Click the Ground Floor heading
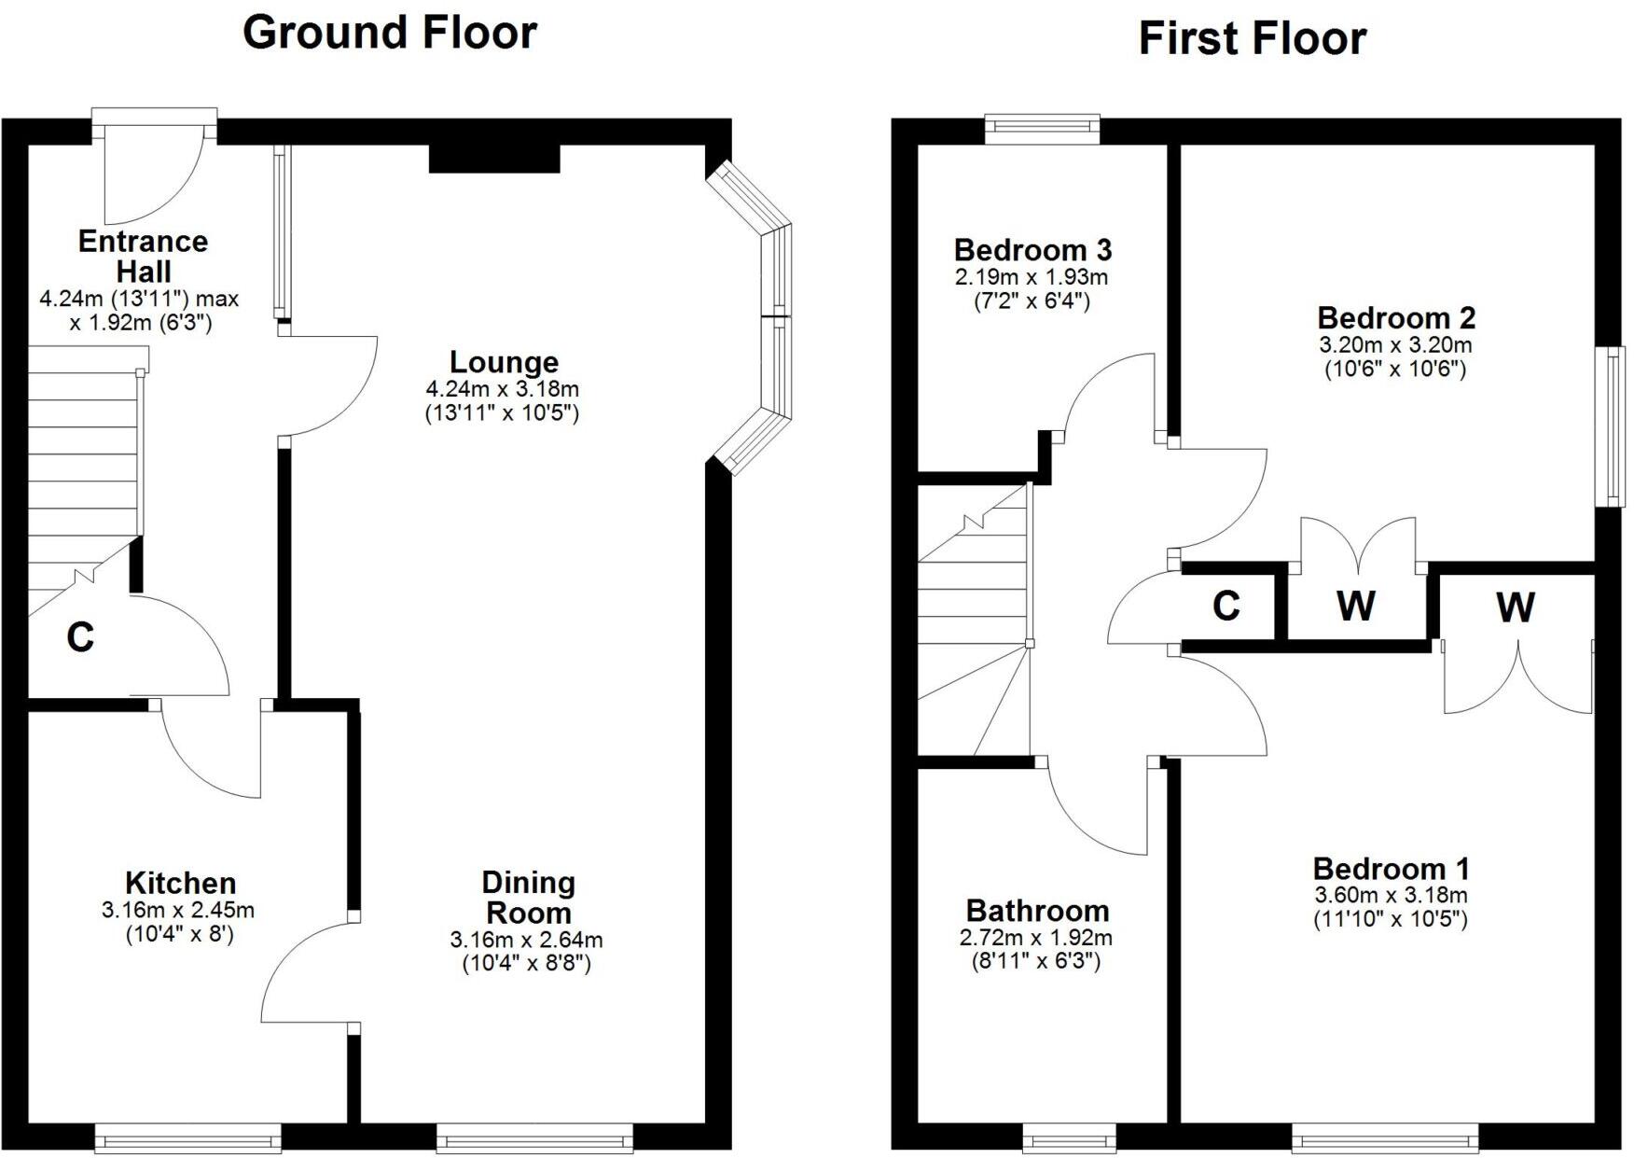pos(389,33)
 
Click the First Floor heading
pos(1252,39)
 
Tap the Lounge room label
pos(504,362)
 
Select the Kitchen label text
pos(180,883)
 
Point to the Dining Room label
pos(528,898)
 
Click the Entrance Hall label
pos(143,256)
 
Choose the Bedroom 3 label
pos(1032,250)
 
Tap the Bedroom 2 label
pos(1395,318)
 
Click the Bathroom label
pos(1037,911)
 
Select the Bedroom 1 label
pos(1391,869)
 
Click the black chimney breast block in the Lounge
pos(494,159)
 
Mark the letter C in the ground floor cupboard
pos(80,637)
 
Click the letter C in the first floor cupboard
pos(1225,606)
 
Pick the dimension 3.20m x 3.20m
pos(1395,344)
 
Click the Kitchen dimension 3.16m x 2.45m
pos(178,910)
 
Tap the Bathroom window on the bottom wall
pos(1070,1137)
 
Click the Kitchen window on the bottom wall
pos(187,1137)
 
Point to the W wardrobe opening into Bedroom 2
pos(1356,606)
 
